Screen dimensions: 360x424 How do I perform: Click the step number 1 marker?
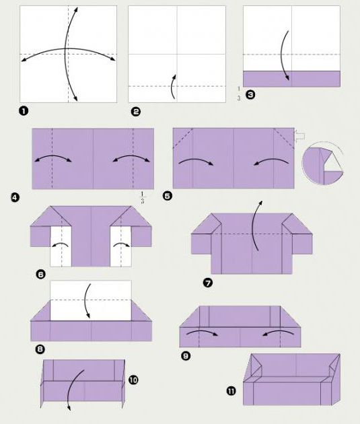tap(24, 111)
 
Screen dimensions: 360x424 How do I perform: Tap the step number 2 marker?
tap(135, 112)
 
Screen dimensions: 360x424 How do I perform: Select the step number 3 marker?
tap(250, 95)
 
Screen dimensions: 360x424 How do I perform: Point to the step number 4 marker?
tap(15, 197)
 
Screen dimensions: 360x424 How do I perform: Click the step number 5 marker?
tap(168, 195)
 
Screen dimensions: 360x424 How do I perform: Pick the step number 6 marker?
tap(41, 275)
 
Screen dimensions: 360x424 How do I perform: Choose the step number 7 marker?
tap(208, 283)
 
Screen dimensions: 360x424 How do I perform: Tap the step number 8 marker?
tap(40, 349)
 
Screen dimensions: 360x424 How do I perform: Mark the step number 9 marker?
tap(186, 355)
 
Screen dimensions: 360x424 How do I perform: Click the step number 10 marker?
tap(133, 380)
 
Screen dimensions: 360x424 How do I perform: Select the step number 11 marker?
tap(231, 391)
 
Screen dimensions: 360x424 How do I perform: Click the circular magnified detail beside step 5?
tap(323, 163)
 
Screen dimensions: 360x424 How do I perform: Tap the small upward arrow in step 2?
tap(173, 87)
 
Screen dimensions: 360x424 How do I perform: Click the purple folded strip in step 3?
tap(291, 79)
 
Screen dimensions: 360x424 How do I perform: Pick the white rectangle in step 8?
tap(91, 301)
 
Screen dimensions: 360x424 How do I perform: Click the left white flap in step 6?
tap(61, 246)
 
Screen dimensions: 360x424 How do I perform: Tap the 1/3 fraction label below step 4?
tap(142, 197)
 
